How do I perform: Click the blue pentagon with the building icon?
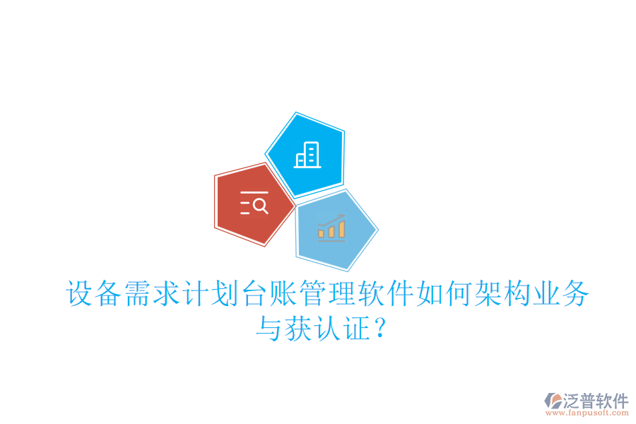click(306, 155)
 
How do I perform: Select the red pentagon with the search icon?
click(252, 205)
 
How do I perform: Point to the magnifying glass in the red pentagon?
click(260, 206)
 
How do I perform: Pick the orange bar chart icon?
click(331, 230)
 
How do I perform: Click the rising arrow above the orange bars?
click(331, 220)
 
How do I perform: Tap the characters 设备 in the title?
click(95, 294)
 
